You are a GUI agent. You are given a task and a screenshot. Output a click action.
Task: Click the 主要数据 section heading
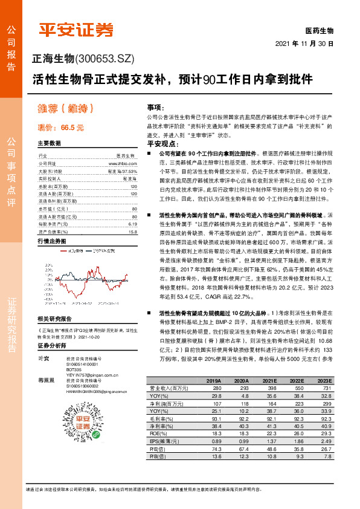(49, 144)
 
